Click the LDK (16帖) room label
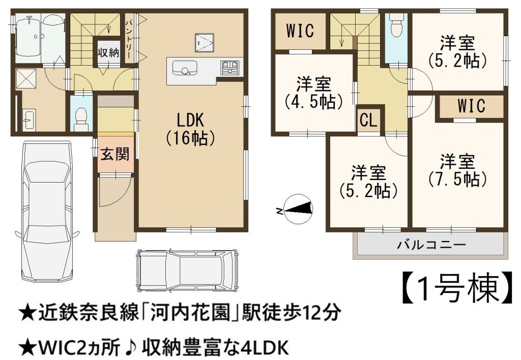[190, 129]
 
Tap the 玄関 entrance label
[115, 155]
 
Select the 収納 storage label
[108, 52]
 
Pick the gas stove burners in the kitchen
[229, 67]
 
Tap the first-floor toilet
[81, 118]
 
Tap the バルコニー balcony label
[431, 246]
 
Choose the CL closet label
[368, 120]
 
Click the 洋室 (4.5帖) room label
[313, 93]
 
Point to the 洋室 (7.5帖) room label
[457, 170]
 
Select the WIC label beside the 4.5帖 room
[300, 31]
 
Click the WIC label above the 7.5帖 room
[471, 106]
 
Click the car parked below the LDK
[188, 270]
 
